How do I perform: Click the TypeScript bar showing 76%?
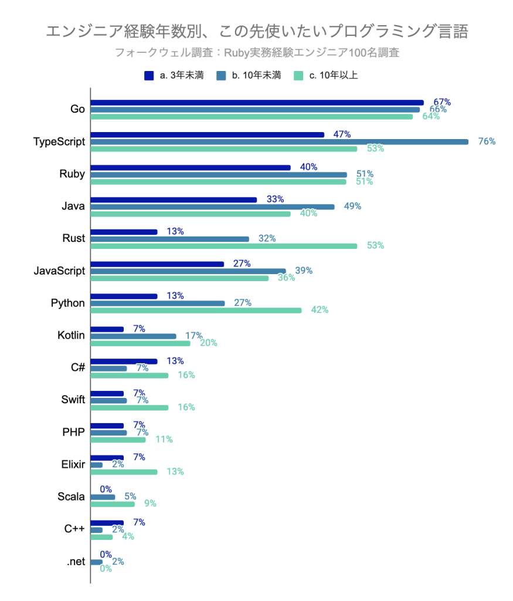tap(279, 141)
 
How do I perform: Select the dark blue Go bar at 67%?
tap(257, 103)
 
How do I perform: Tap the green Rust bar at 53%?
tap(223, 246)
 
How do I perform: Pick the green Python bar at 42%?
tap(196, 310)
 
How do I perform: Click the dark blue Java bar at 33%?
tap(174, 200)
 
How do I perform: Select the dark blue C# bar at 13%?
tap(124, 361)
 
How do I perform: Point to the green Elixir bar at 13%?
tap(124, 471)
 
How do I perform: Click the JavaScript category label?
tap(59, 271)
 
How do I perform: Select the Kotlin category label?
tap(71, 336)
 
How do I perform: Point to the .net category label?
tap(76, 562)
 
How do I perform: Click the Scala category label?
tap(71, 497)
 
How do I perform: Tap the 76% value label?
tap(487, 141)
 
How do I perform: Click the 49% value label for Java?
tap(352, 206)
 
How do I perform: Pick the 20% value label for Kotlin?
tap(209, 343)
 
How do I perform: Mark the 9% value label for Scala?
tap(150, 504)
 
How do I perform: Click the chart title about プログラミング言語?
tap(257, 31)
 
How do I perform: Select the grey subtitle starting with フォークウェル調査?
tap(257, 52)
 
